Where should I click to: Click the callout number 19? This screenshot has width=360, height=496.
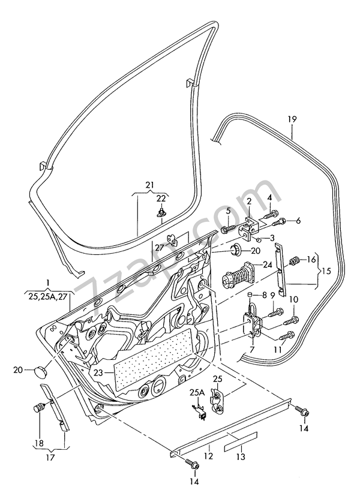click(292, 119)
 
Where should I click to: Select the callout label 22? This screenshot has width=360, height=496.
click(161, 199)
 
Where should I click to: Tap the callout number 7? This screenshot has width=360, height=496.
click(251, 349)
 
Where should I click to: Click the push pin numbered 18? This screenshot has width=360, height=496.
click(40, 410)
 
